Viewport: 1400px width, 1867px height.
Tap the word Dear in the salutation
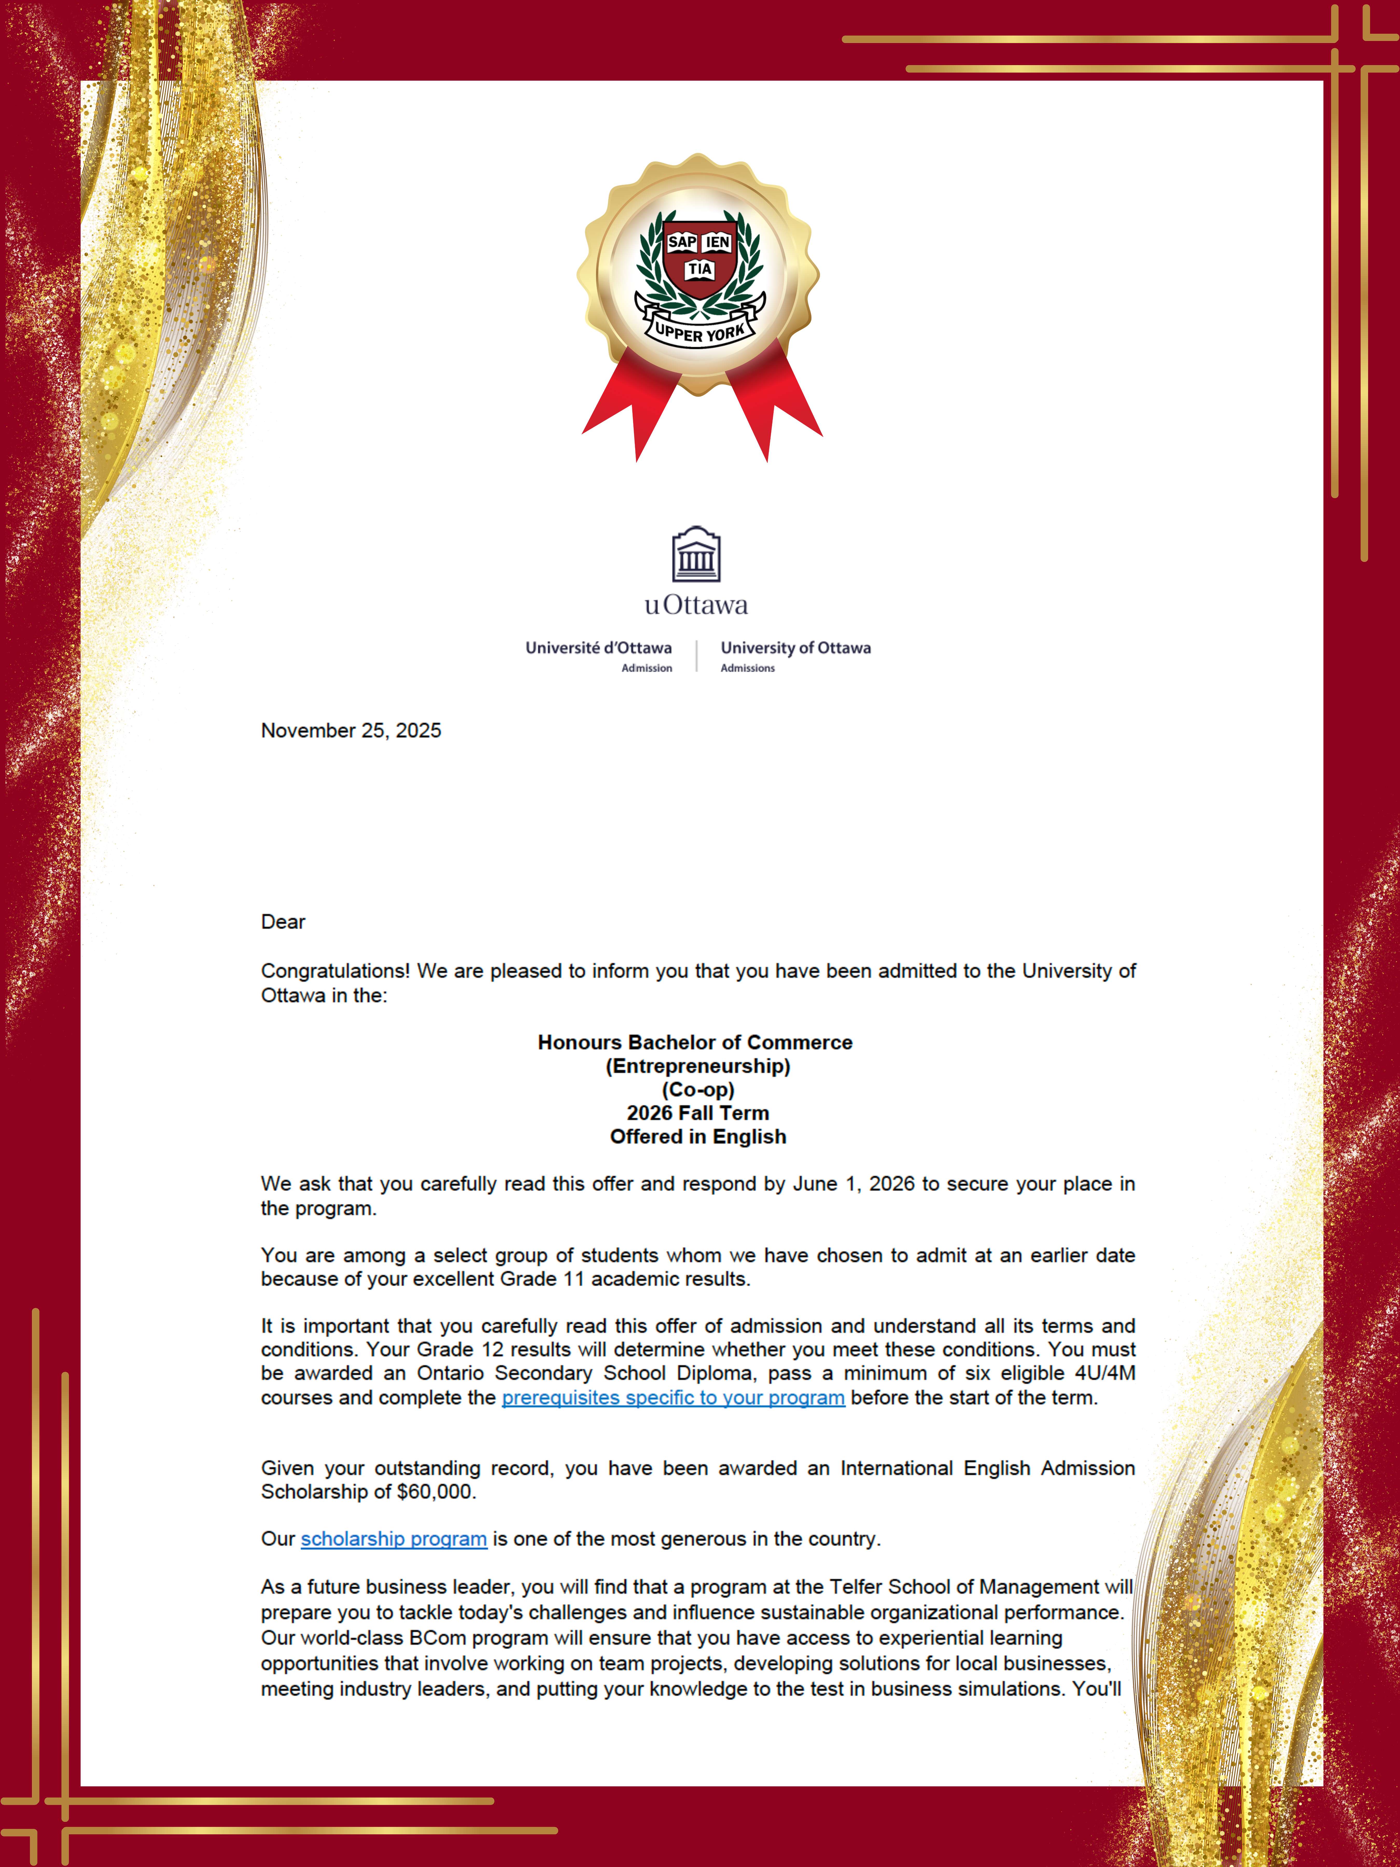[x=283, y=922]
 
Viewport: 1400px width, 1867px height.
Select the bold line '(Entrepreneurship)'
[x=698, y=1066]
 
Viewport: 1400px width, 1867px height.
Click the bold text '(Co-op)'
[x=698, y=1090]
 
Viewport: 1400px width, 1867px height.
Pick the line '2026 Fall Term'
[x=698, y=1113]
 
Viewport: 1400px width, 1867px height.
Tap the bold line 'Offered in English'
[x=698, y=1137]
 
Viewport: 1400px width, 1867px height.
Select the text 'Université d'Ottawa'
[x=598, y=648]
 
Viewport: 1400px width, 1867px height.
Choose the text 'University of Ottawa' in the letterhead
[x=795, y=648]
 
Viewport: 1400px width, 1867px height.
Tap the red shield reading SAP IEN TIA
[x=699, y=257]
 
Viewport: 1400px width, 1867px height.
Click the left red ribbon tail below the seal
[x=633, y=405]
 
